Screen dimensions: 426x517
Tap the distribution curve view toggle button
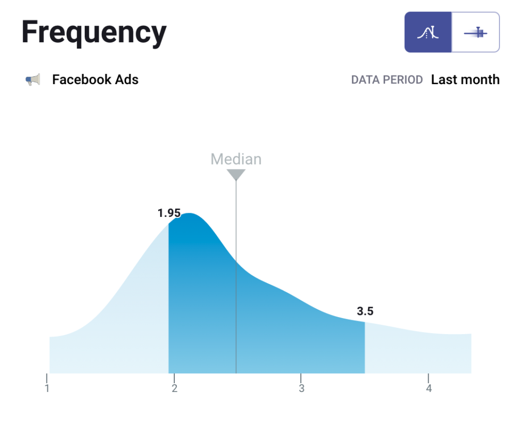[x=428, y=33]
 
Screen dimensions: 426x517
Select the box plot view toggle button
[x=476, y=33]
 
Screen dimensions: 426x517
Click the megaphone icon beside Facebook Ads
[x=33, y=80]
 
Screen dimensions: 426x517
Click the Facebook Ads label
[x=95, y=80]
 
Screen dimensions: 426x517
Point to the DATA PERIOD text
[x=387, y=80]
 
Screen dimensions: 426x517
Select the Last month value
[x=465, y=80]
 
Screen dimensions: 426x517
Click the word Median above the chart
[x=236, y=159]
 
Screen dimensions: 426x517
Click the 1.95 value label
[x=169, y=213]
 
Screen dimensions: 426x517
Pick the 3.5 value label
[x=365, y=311]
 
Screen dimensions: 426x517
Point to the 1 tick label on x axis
[x=47, y=388]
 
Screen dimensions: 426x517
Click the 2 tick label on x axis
[x=175, y=388]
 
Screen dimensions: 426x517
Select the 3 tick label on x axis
[x=301, y=388]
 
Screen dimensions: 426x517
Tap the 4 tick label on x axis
[x=428, y=388]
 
